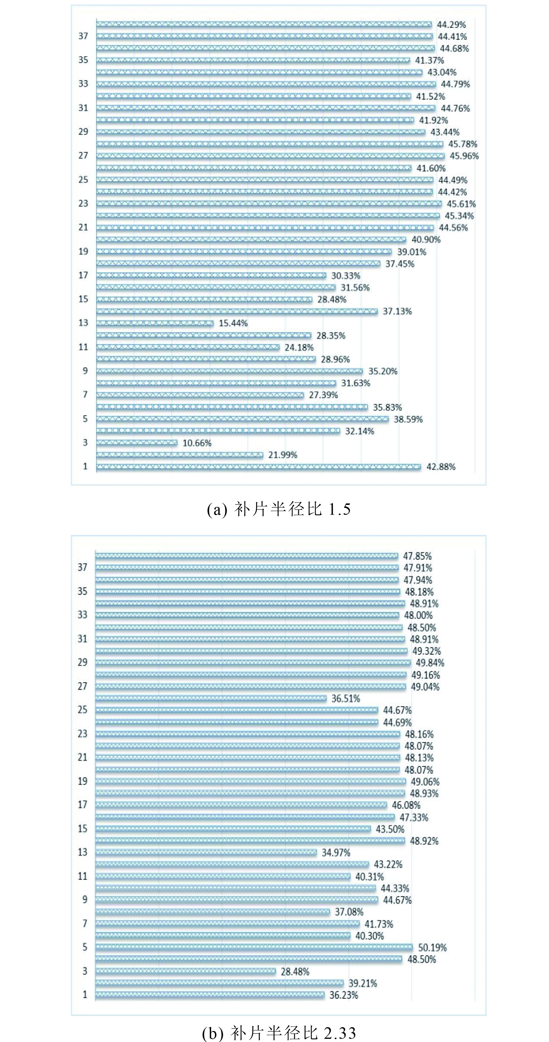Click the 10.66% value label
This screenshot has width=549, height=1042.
[x=197, y=443]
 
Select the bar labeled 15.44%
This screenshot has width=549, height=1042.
[x=155, y=323]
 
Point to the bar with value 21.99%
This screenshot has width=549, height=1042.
[x=180, y=455]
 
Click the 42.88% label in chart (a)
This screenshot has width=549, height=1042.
[x=441, y=467]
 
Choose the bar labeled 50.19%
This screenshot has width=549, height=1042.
[x=254, y=947]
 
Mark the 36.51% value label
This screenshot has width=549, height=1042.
[x=345, y=698]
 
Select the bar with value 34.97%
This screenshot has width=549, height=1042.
[x=206, y=852]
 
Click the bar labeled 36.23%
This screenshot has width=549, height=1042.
[x=210, y=995]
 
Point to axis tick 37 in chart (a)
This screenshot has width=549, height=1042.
[x=83, y=36]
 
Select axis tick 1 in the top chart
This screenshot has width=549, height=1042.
[x=85, y=466]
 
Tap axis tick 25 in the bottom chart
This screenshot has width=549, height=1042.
[x=82, y=710]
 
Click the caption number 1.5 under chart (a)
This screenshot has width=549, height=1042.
[x=339, y=509]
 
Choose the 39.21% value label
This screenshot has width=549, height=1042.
[x=363, y=983]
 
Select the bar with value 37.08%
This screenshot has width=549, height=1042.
[x=213, y=912]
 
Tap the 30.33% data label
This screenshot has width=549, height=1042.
[x=345, y=276]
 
